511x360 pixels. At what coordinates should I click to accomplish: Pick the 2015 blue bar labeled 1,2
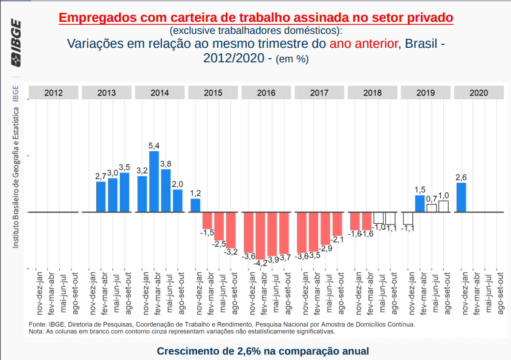coord(195,205)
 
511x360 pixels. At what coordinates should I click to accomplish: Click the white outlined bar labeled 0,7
coord(432,208)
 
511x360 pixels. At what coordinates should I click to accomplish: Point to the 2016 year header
coord(266,93)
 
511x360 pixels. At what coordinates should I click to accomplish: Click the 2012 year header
coord(53,93)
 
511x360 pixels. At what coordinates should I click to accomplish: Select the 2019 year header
coord(426,93)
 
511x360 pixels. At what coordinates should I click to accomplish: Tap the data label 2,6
coord(461,177)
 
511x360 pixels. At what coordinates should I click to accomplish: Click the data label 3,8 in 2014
coord(166,164)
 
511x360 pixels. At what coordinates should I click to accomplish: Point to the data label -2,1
coord(337,240)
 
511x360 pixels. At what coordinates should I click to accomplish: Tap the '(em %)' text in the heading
coord(292,59)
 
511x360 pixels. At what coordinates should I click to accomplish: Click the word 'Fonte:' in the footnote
coord(38,325)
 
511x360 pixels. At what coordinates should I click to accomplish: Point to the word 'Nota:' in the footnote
coord(36,332)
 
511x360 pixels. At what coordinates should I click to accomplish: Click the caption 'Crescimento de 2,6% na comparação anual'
coord(262,351)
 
